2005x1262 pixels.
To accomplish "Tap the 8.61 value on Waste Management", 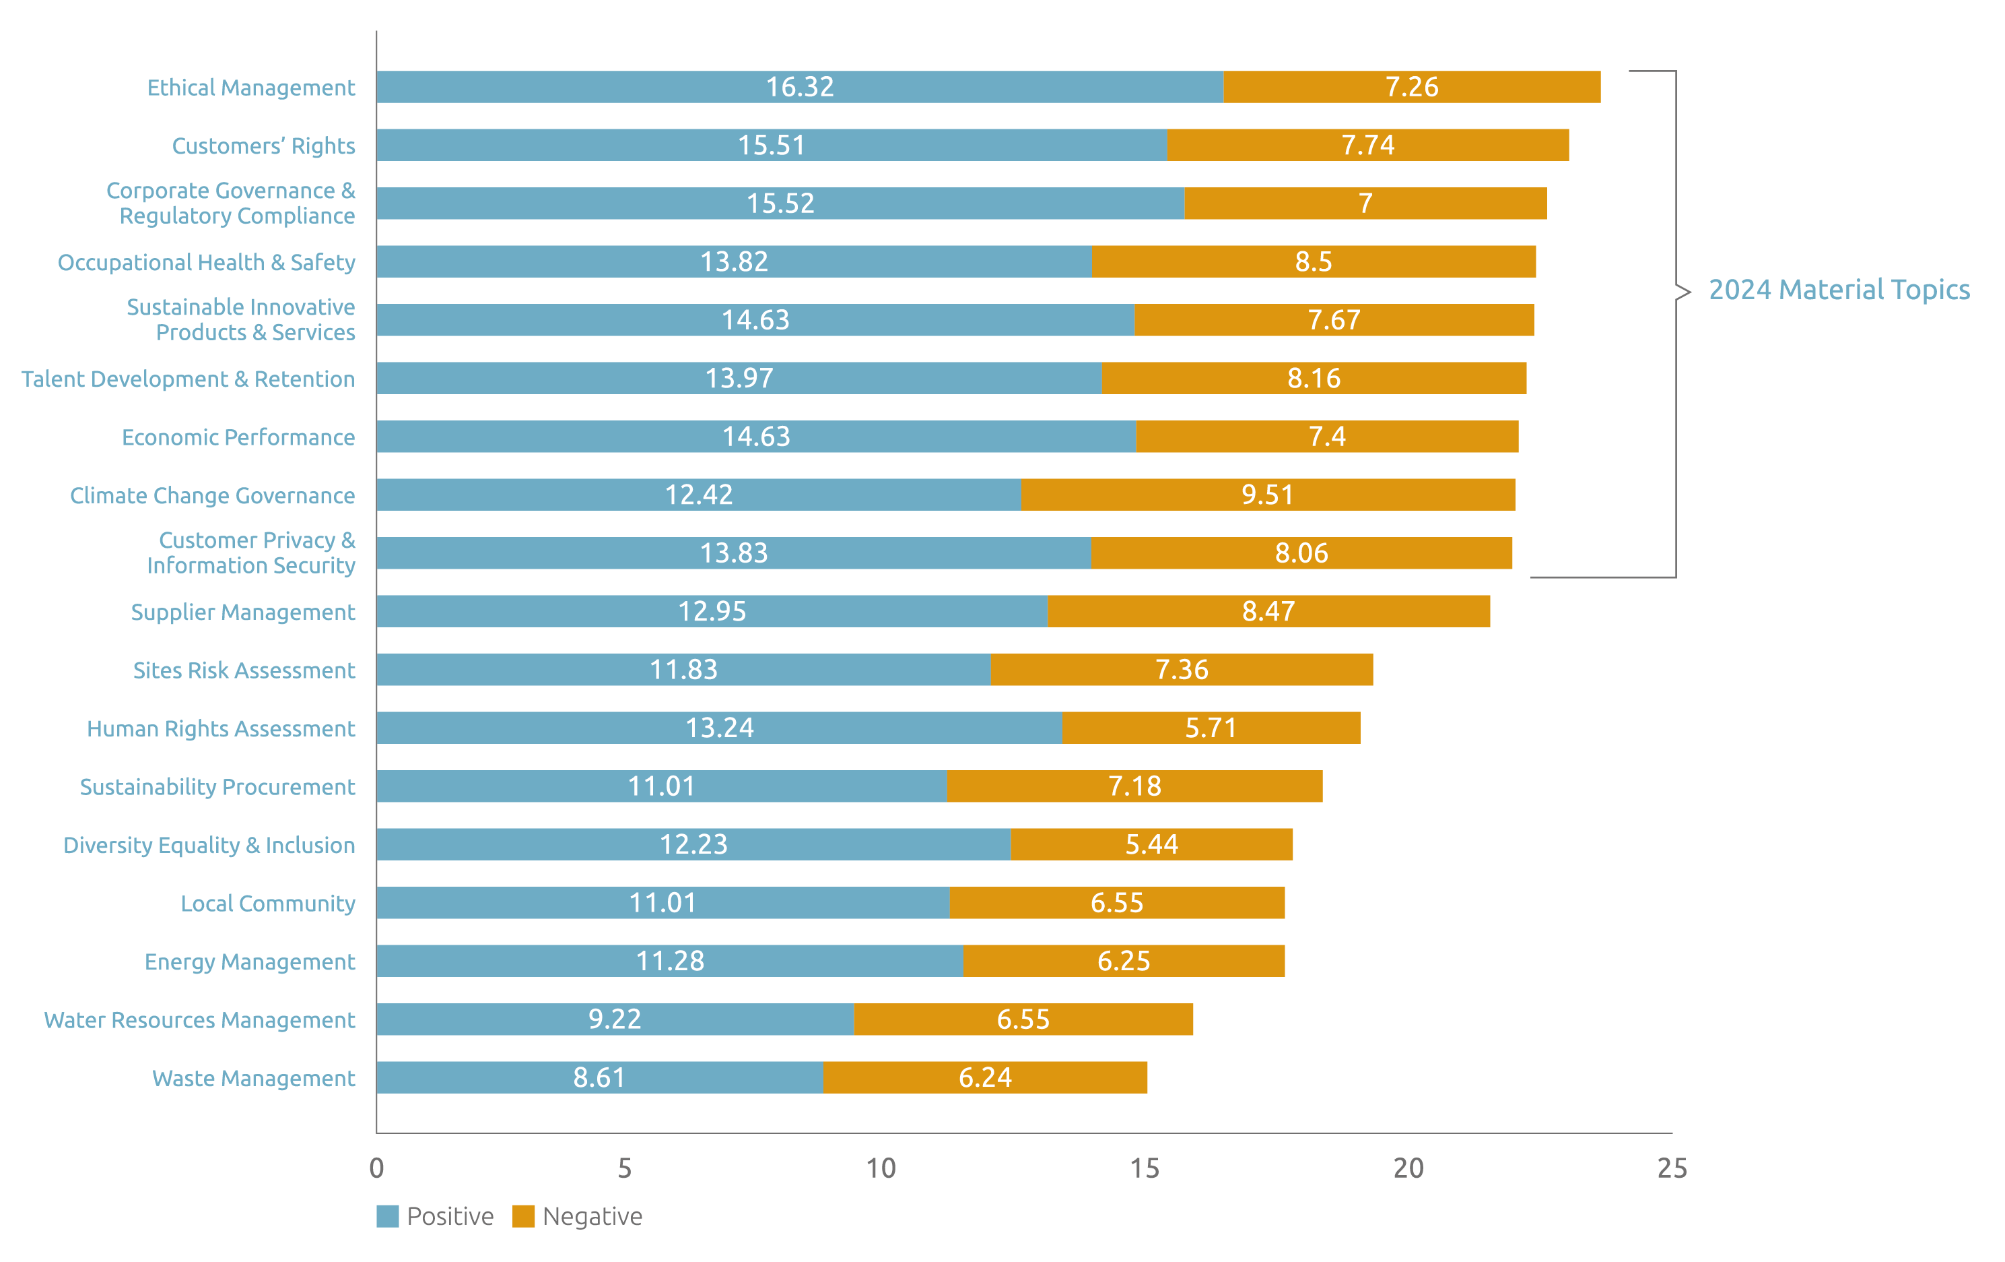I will [x=599, y=1078].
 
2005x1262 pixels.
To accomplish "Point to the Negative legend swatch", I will [x=523, y=1216].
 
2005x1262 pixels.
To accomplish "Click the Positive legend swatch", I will [x=387, y=1216].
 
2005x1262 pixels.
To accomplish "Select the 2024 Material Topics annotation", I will [x=1839, y=290].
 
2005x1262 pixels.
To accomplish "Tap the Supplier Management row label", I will [x=242, y=612].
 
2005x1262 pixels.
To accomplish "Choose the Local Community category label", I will [x=267, y=904].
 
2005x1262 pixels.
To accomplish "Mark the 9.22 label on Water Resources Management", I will [x=615, y=1019].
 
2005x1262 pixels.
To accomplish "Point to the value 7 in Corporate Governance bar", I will [x=1365, y=203].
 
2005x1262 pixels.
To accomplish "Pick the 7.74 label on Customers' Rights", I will [x=1367, y=145].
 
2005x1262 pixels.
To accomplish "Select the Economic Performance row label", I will [x=238, y=437].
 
